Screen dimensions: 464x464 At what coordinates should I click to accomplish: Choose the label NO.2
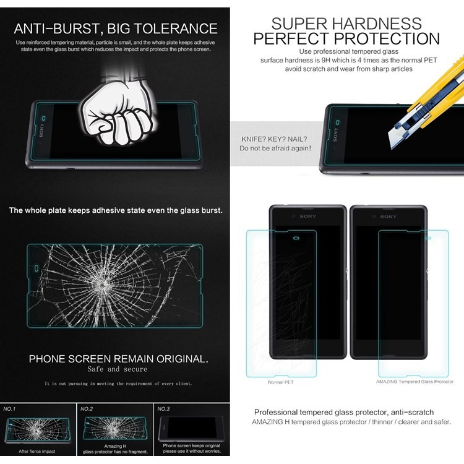tap(87, 409)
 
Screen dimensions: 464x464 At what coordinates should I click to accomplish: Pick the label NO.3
tap(163, 409)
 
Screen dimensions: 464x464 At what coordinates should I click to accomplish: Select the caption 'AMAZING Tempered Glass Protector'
tap(415, 382)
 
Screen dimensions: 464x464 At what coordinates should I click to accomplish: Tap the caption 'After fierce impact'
tap(38, 452)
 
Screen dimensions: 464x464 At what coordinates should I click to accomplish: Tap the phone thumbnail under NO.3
tap(192, 429)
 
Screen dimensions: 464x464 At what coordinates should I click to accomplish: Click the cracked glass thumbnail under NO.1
tap(38, 429)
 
